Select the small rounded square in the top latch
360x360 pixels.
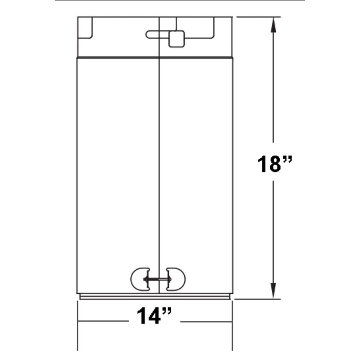point(176,39)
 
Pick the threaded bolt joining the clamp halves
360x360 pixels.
point(159,279)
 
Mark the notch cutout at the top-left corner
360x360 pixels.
point(86,28)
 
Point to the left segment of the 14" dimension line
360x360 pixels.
point(103,321)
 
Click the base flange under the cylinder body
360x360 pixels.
point(155,297)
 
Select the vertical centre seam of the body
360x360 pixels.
point(159,162)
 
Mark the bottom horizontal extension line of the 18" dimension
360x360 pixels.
point(257,298)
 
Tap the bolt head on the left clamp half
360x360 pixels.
point(145,279)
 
